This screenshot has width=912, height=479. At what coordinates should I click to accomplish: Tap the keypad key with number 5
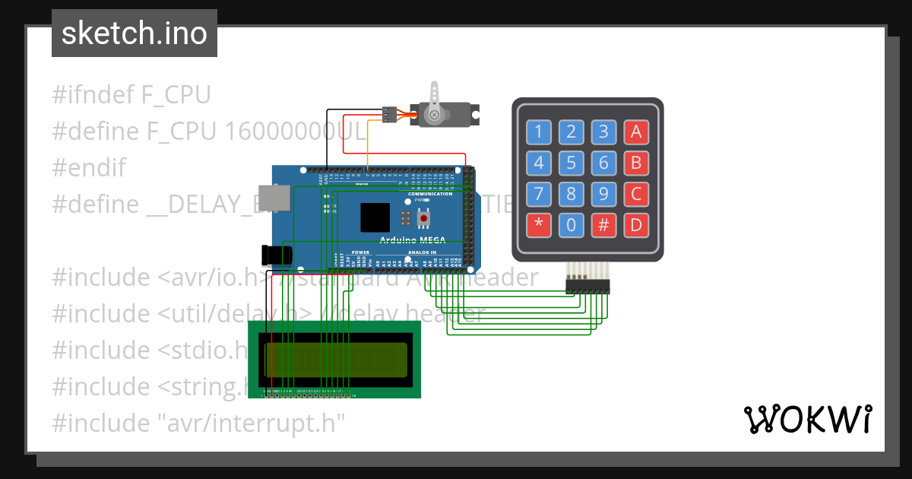click(x=571, y=163)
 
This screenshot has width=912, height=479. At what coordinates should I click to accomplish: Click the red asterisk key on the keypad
click(x=539, y=224)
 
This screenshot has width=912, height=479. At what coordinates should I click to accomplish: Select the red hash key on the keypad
click(x=603, y=224)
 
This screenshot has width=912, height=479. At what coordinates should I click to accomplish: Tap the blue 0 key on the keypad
click(x=571, y=224)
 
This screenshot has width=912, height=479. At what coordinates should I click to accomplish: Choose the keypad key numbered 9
click(x=603, y=194)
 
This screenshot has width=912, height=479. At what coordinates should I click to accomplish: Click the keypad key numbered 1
click(x=539, y=132)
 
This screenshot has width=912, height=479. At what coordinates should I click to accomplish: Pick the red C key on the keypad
click(x=636, y=194)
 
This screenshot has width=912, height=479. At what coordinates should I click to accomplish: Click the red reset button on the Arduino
click(x=423, y=219)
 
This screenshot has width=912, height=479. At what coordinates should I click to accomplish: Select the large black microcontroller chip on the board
click(x=375, y=217)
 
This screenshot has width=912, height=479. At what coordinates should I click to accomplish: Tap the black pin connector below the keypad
click(x=587, y=286)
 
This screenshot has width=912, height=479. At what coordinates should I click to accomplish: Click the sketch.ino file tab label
click(x=135, y=33)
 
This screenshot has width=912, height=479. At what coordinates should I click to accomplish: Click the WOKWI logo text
click(x=807, y=419)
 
